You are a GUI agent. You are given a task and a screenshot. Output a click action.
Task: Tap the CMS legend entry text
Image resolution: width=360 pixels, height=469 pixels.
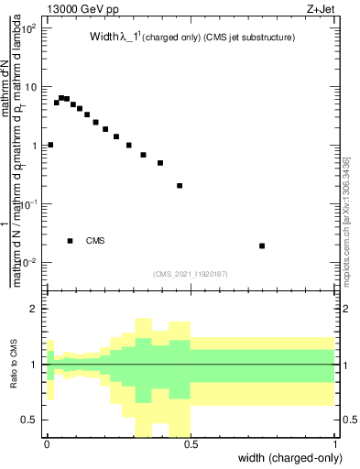[x=95, y=241]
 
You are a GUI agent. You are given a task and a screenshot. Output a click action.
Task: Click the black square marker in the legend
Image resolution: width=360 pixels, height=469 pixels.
[x=71, y=241]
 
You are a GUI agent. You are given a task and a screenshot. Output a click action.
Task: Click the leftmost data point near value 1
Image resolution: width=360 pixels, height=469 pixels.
[x=50, y=145]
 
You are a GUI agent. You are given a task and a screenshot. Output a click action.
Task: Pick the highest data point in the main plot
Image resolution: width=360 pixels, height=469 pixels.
[x=61, y=97]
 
